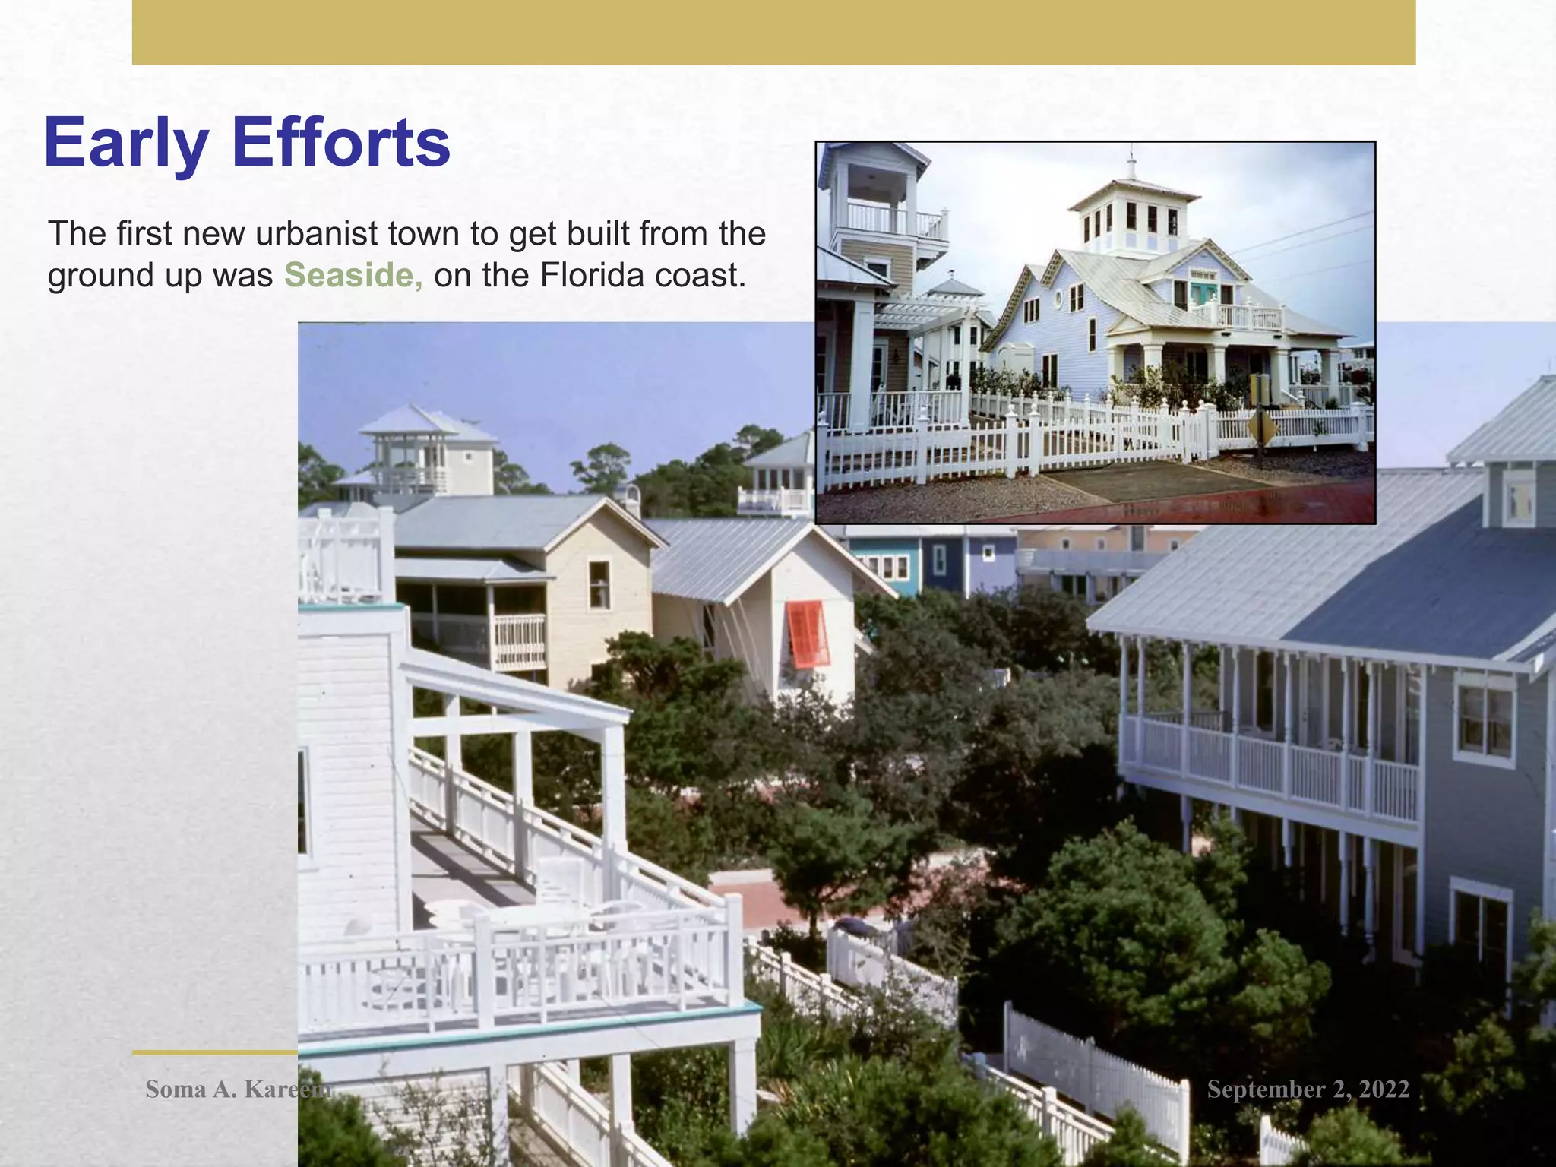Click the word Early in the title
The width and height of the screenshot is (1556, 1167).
pyautogui.click(x=125, y=144)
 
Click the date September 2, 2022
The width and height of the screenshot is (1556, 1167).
pyautogui.click(x=1308, y=1089)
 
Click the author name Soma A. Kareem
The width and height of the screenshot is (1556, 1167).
pyautogui.click(x=238, y=1089)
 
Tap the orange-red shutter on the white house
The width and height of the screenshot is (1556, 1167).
pyautogui.click(x=807, y=634)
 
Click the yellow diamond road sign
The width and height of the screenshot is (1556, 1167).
pyautogui.click(x=1261, y=427)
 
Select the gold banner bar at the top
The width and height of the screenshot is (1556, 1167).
pyautogui.click(x=773, y=32)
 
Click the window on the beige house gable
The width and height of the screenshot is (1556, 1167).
pyautogui.click(x=599, y=584)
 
